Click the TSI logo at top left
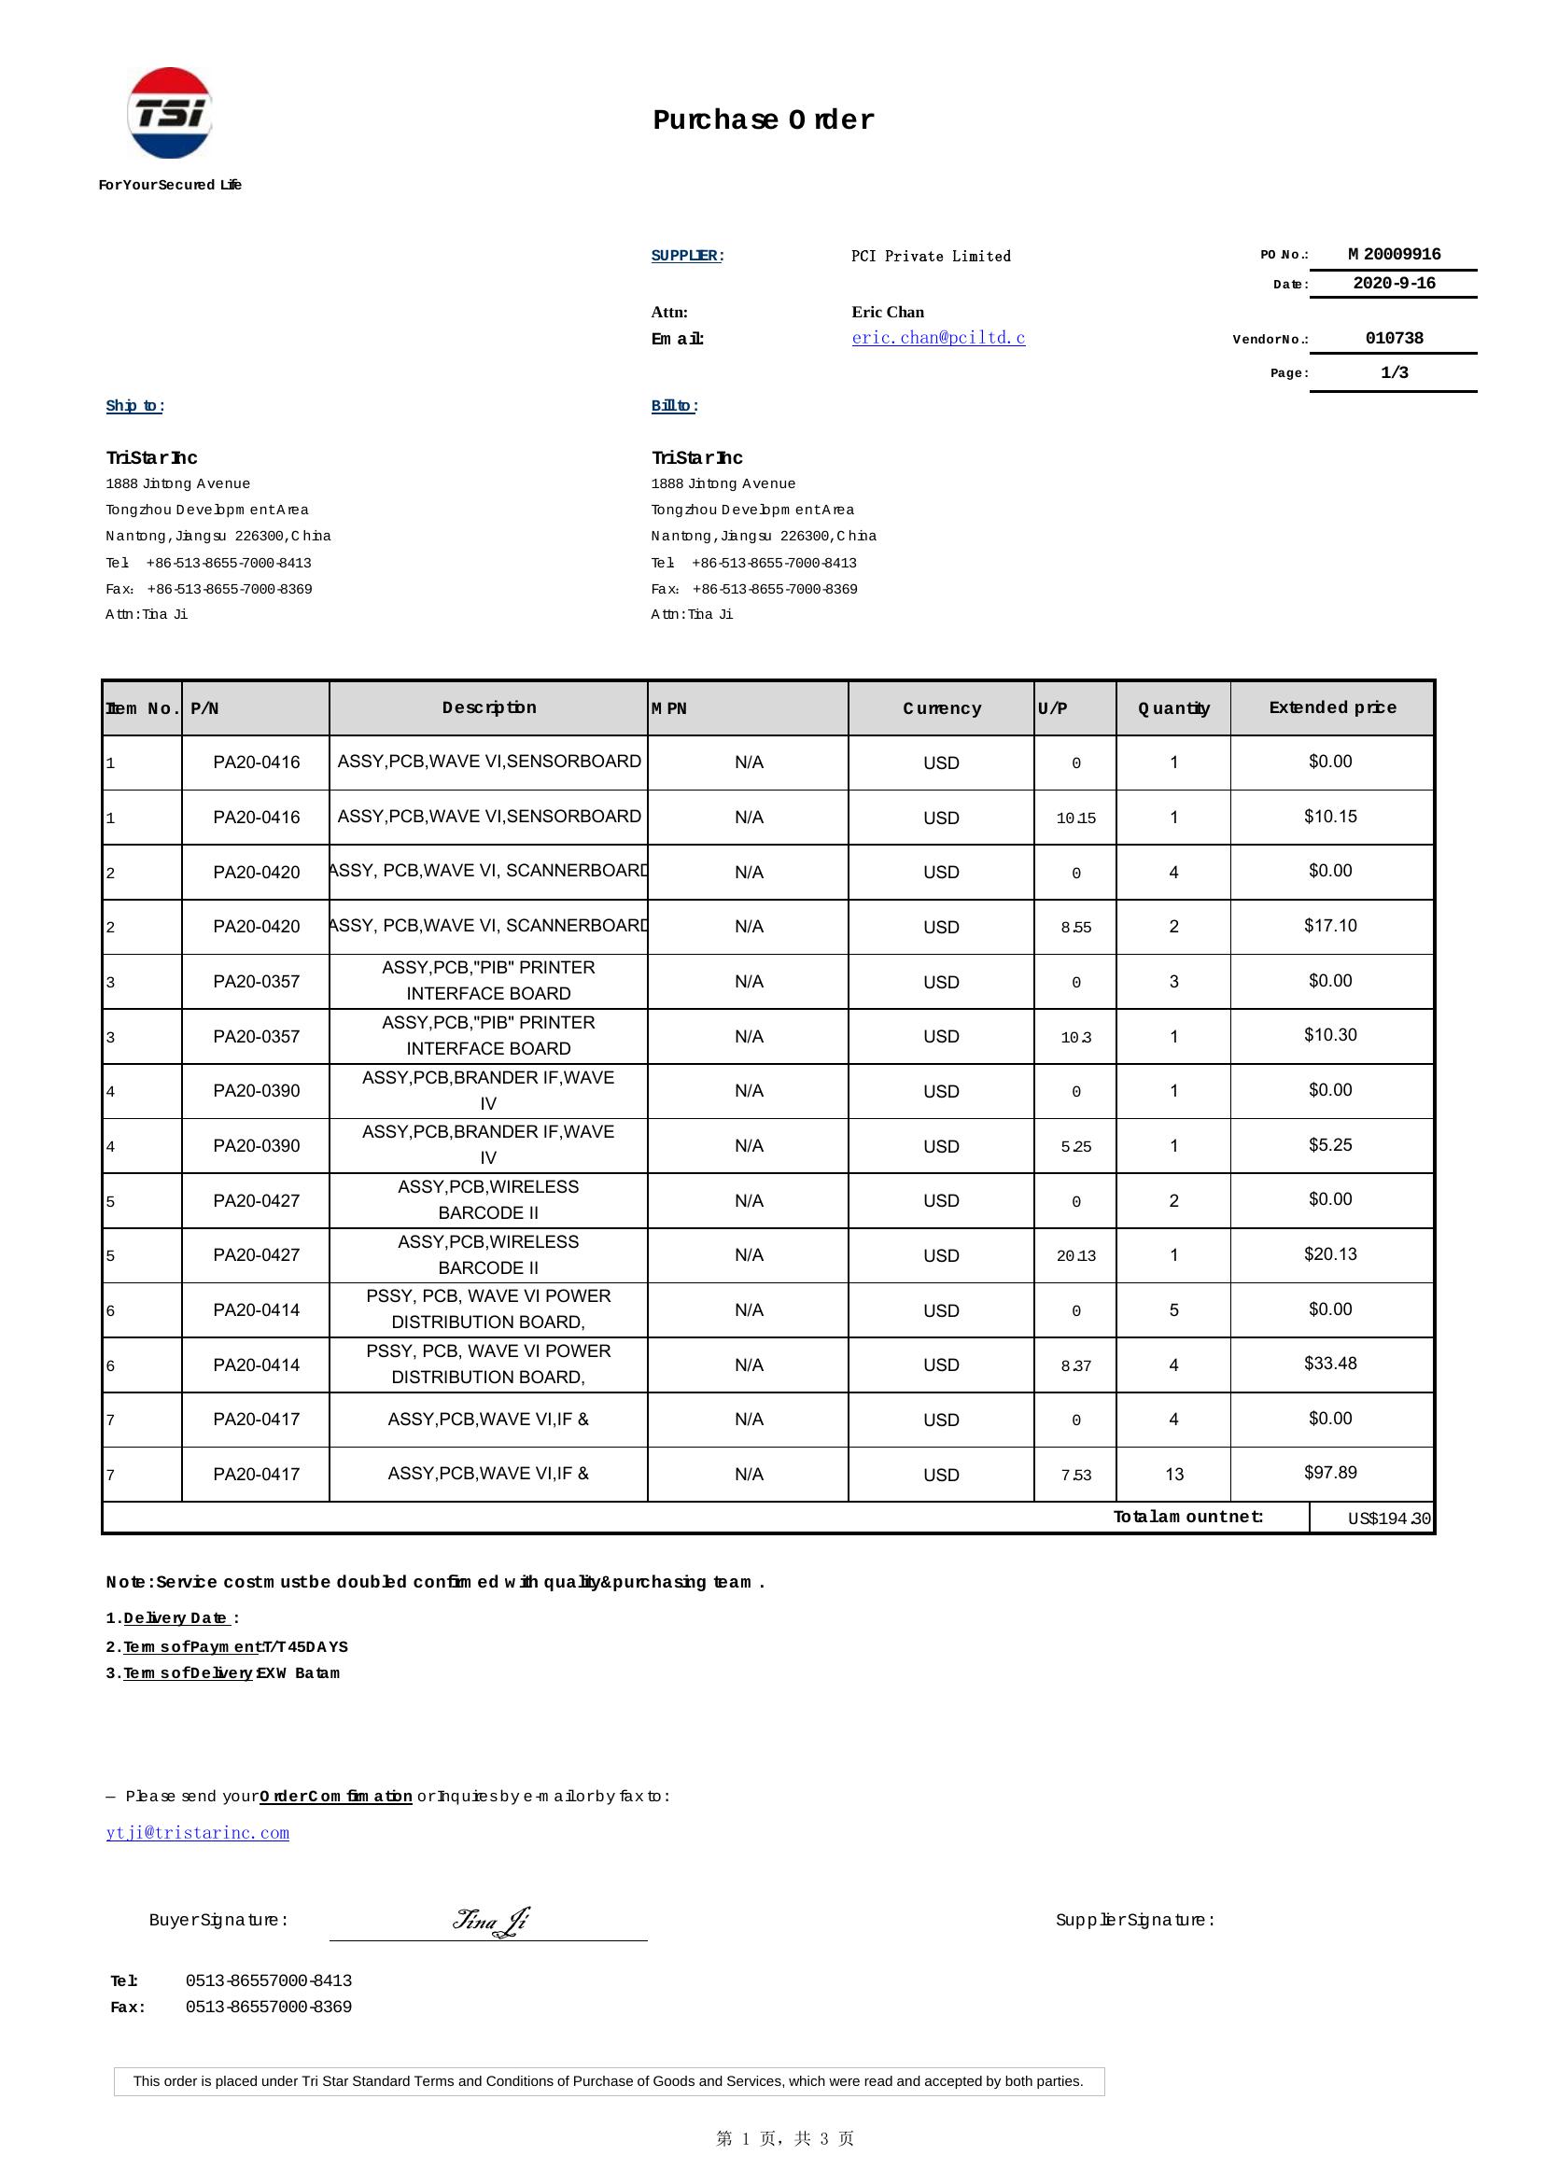pos(169,113)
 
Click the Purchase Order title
pos(763,119)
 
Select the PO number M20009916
pos(1394,255)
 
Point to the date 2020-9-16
pos(1394,284)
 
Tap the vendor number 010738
pos(1394,339)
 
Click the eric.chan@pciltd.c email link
pos(938,338)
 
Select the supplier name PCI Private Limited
pos(931,257)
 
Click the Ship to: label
pos(135,406)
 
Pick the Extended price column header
pos(1332,707)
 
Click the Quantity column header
pos(1173,708)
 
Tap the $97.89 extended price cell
pos(1330,1473)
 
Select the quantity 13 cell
pos(1174,1475)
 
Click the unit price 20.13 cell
pos(1075,1256)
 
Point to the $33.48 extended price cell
pos(1330,1364)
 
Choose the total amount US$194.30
pos(1388,1518)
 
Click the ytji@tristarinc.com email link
pos(198,1833)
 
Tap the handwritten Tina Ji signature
pos(491,1922)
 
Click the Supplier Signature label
pos(1135,1921)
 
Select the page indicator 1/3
pos(1394,372)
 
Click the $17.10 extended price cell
pos(1330,926)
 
